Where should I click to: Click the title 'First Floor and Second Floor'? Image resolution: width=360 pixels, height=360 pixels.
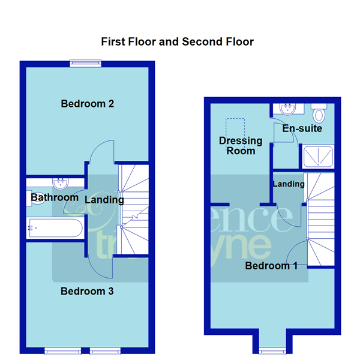point(177,41)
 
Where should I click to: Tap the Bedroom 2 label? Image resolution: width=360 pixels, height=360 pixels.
point(88,104)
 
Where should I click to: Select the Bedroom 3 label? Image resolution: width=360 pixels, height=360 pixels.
point(88,292)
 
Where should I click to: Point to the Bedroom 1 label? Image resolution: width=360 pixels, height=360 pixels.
point(271,265)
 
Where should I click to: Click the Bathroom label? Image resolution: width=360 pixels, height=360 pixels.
point(55,197)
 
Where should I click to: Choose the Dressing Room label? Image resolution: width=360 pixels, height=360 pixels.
point(241,146)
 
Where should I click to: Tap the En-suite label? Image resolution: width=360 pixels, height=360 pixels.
point(302,128)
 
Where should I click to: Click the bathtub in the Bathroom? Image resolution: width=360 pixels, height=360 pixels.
point(55,228)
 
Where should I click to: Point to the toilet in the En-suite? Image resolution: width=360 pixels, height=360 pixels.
point(319,112)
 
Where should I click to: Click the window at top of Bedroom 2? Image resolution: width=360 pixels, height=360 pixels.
point(85,62)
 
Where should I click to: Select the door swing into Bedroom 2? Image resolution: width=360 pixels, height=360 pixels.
point(100,152)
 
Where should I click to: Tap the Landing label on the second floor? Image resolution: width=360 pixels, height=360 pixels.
point(289,184)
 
